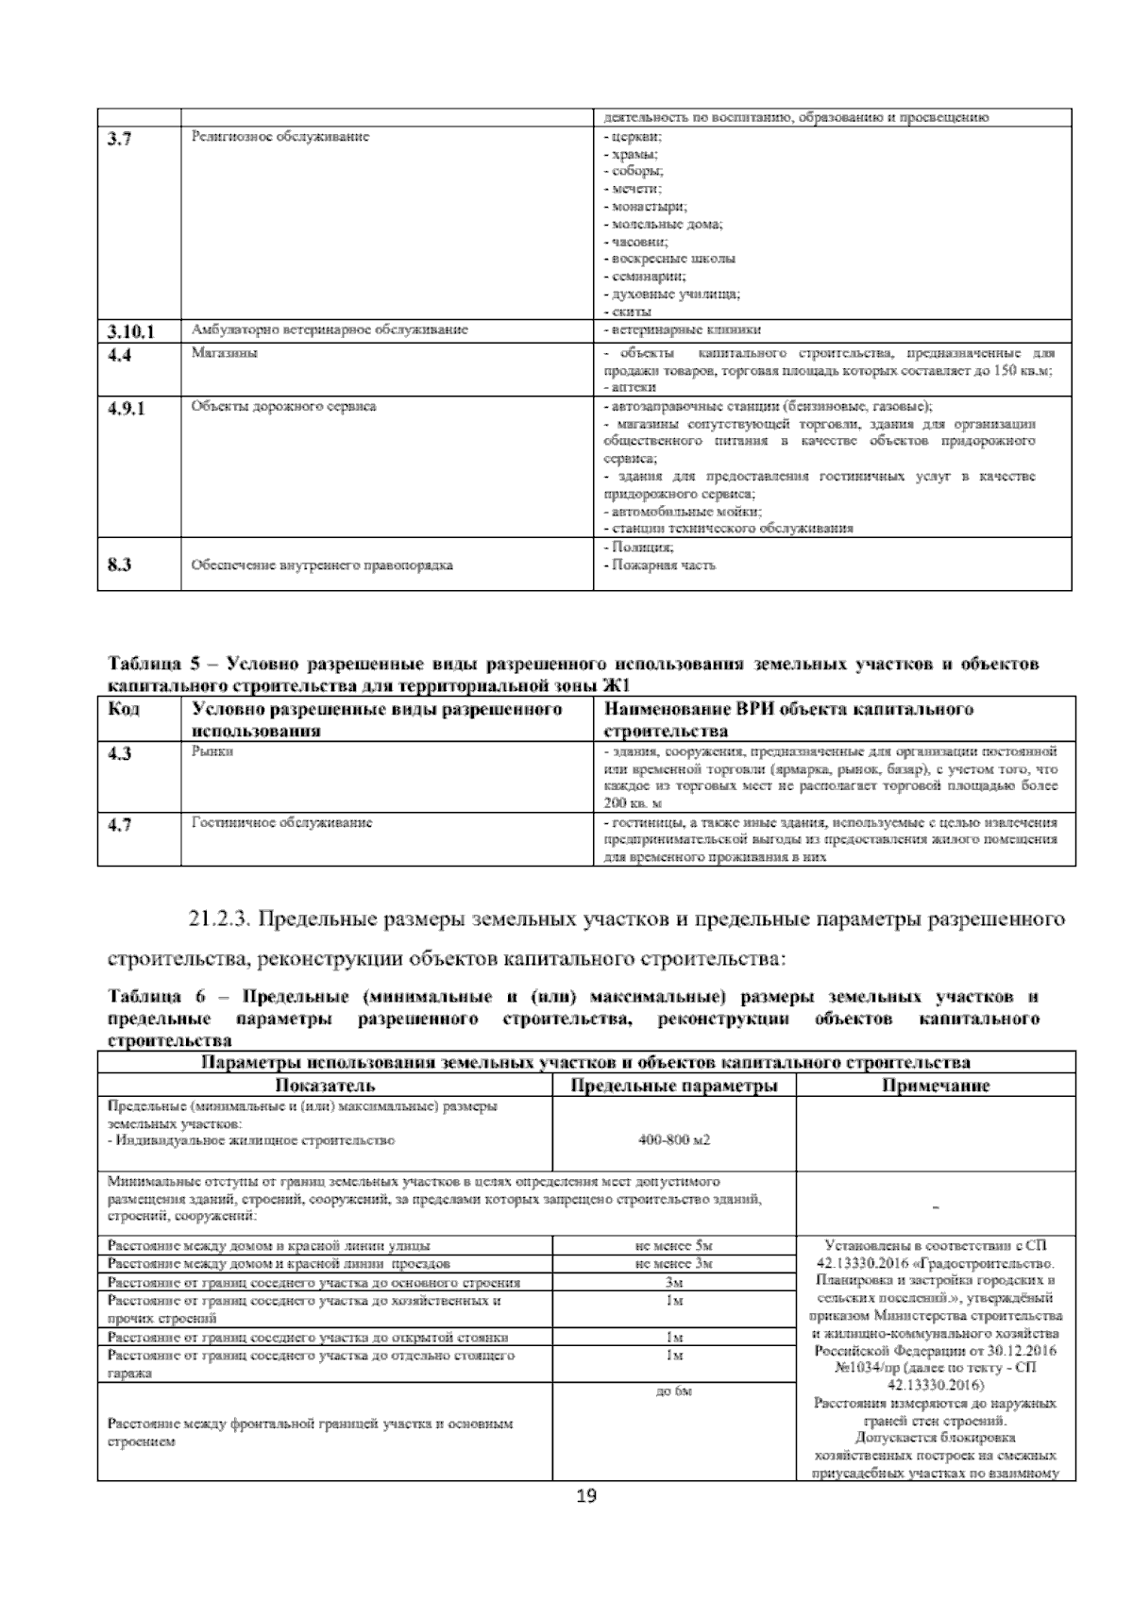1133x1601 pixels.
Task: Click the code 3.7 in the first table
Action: pyautogui.click(x=118, y=139)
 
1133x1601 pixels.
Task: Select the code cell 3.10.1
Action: pyautogui.click(x=130, y=331)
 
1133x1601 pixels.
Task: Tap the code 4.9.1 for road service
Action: pyautogui.click(x=127, y=408)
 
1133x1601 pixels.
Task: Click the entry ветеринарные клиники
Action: pyautogui.click(x=682, y=330)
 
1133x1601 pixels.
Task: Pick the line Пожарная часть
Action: pyautogui.click(x=660, y=565)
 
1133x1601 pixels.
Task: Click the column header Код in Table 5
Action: pyautogui.click(x=125, y=709)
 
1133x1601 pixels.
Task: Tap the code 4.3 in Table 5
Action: pyautogui.click(x=119, y=753)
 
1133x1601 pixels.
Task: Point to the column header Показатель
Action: pyautogui.click(x=325, y=1086)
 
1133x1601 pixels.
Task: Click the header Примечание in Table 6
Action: pyautogui.click(x=935, y=1086)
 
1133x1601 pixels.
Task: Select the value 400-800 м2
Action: pyautogui.click(x=674, y=1139)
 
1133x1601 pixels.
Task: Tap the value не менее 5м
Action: pyautogui.click(x=674, y=1246)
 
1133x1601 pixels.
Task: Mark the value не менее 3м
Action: pyautogui.click(x=674, y=1264)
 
